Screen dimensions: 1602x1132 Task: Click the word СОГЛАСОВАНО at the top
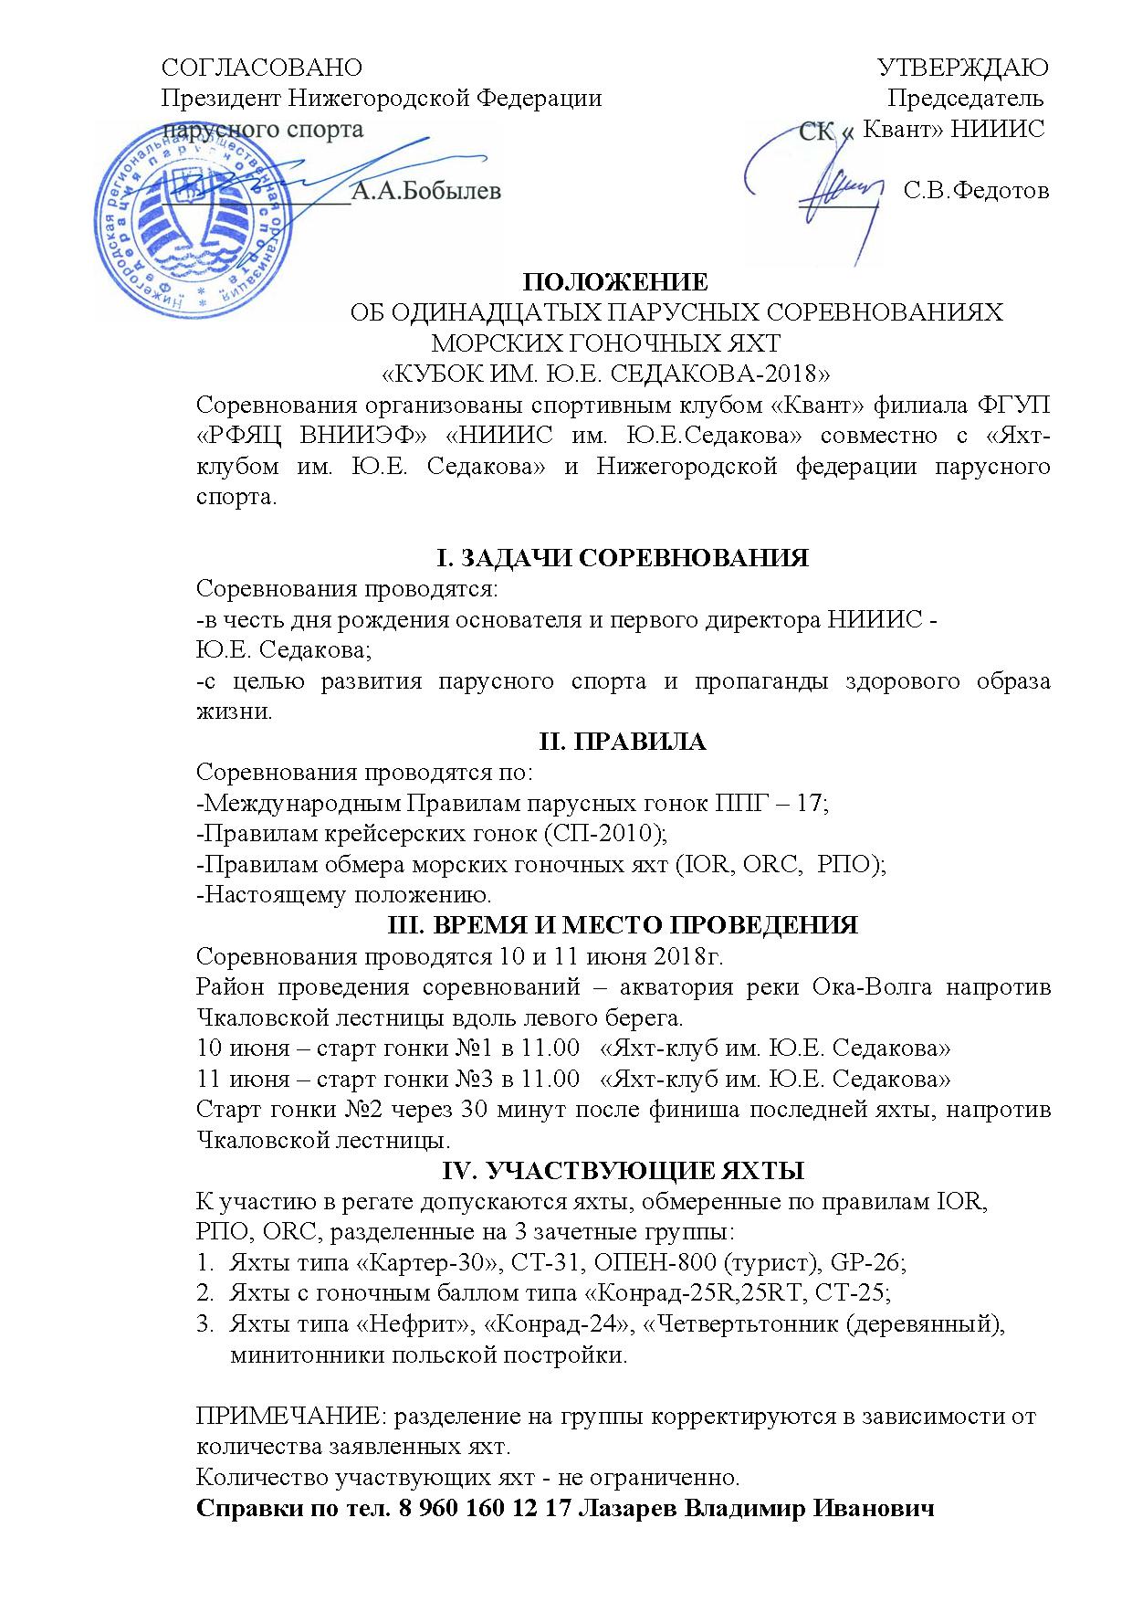pyautogui.click(x=262, y=68)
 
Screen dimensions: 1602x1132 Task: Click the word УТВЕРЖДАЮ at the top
pyautogui.click(x=962, y=68)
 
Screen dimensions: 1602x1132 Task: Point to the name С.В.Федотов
pyautogui.click(x=976, y=191)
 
